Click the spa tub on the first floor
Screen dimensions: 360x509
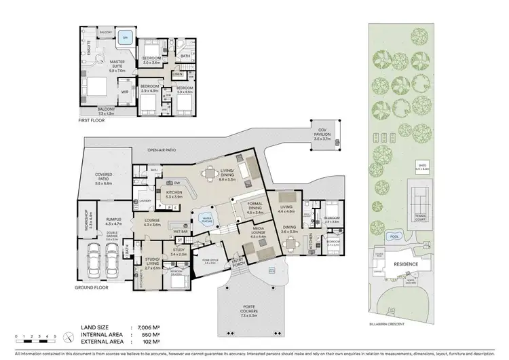coord(124,38)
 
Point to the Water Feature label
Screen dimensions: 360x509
coord(205,219)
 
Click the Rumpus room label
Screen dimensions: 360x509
coord(113,220)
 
